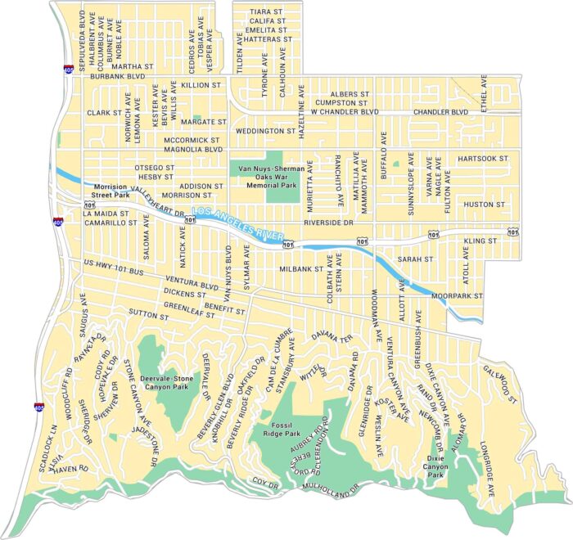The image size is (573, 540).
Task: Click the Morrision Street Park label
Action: [111, 191]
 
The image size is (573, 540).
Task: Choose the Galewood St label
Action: [502, 384]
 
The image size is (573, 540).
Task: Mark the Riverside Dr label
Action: [327, 222]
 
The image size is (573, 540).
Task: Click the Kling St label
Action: [481, 241]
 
